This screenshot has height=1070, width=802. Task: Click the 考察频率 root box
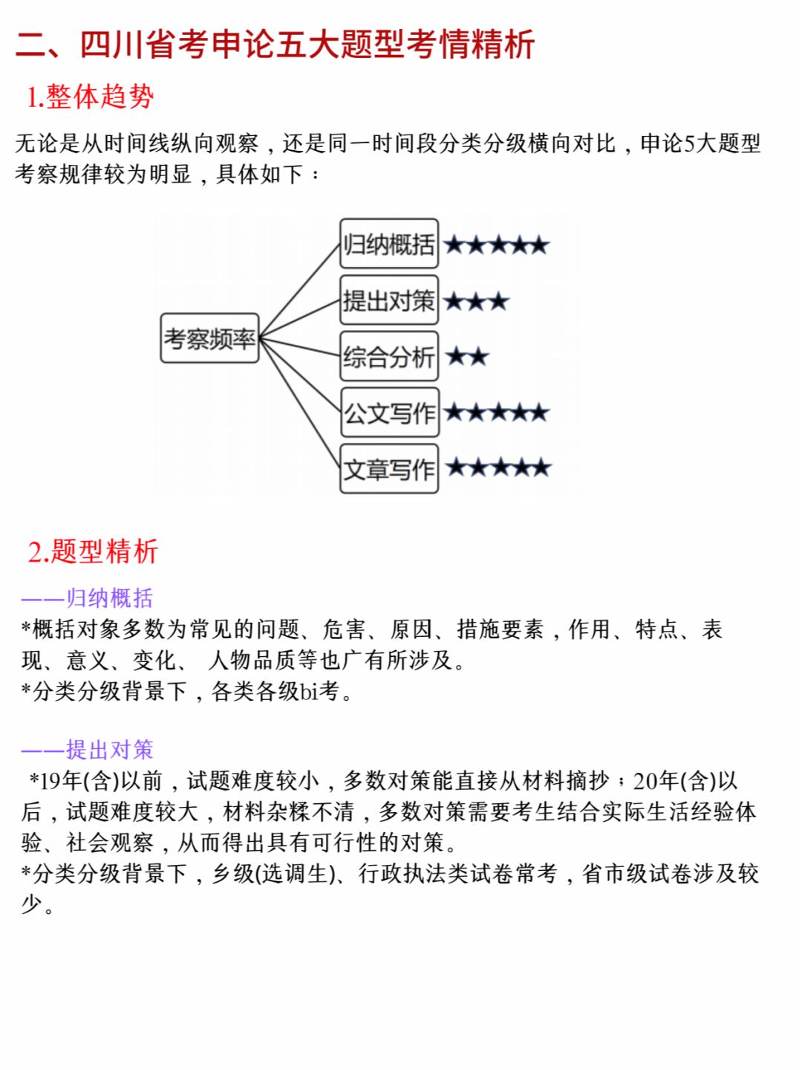tap(209, 338)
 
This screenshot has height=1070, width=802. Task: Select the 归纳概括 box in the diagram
tap(389, 243)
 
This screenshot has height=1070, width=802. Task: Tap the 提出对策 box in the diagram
tap(389, 299)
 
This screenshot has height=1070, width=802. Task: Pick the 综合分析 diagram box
tap(389, 357)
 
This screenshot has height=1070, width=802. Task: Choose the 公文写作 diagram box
tap(390, 412)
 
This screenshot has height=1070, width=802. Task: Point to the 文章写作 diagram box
tap(389, 468)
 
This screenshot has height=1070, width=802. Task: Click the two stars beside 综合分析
tap(466, 357)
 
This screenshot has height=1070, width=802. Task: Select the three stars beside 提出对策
tap(477, 301)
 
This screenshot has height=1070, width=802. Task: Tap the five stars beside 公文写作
tap(497, 412)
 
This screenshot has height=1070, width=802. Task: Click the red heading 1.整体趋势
tap(90, 97)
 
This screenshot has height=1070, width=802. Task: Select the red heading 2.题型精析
tap(93, 551)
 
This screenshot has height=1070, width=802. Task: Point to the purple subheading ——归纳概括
tap(87, 598)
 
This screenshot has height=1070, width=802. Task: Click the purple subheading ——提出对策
tap(87, 749)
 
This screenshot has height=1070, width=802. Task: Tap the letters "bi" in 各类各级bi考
tap(309, 691)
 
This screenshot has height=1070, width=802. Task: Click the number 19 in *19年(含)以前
tap(50, 781)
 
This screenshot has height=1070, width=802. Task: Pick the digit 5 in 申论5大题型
tap(690, 144)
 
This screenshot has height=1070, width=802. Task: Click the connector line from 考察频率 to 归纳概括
tap(299, 291)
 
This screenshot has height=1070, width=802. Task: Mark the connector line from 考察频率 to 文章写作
tap(299, 403)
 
